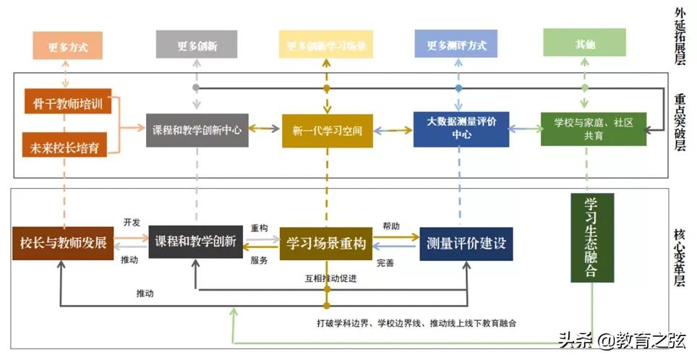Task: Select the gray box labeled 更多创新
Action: pyautogui.click(x=197, y=45)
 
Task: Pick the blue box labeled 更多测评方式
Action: pyautogui.click(x=456, y=44)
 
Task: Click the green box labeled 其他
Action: pyautogui.click(x=585, y=44)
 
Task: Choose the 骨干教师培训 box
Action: pyautogui.click(x=67, y=103)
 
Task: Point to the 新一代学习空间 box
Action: pyautogui.click(x=327, y=131)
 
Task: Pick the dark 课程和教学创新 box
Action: pyautogui.click(x=195, y=241)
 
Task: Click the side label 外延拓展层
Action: pyautogui.click(x=680, y=36)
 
